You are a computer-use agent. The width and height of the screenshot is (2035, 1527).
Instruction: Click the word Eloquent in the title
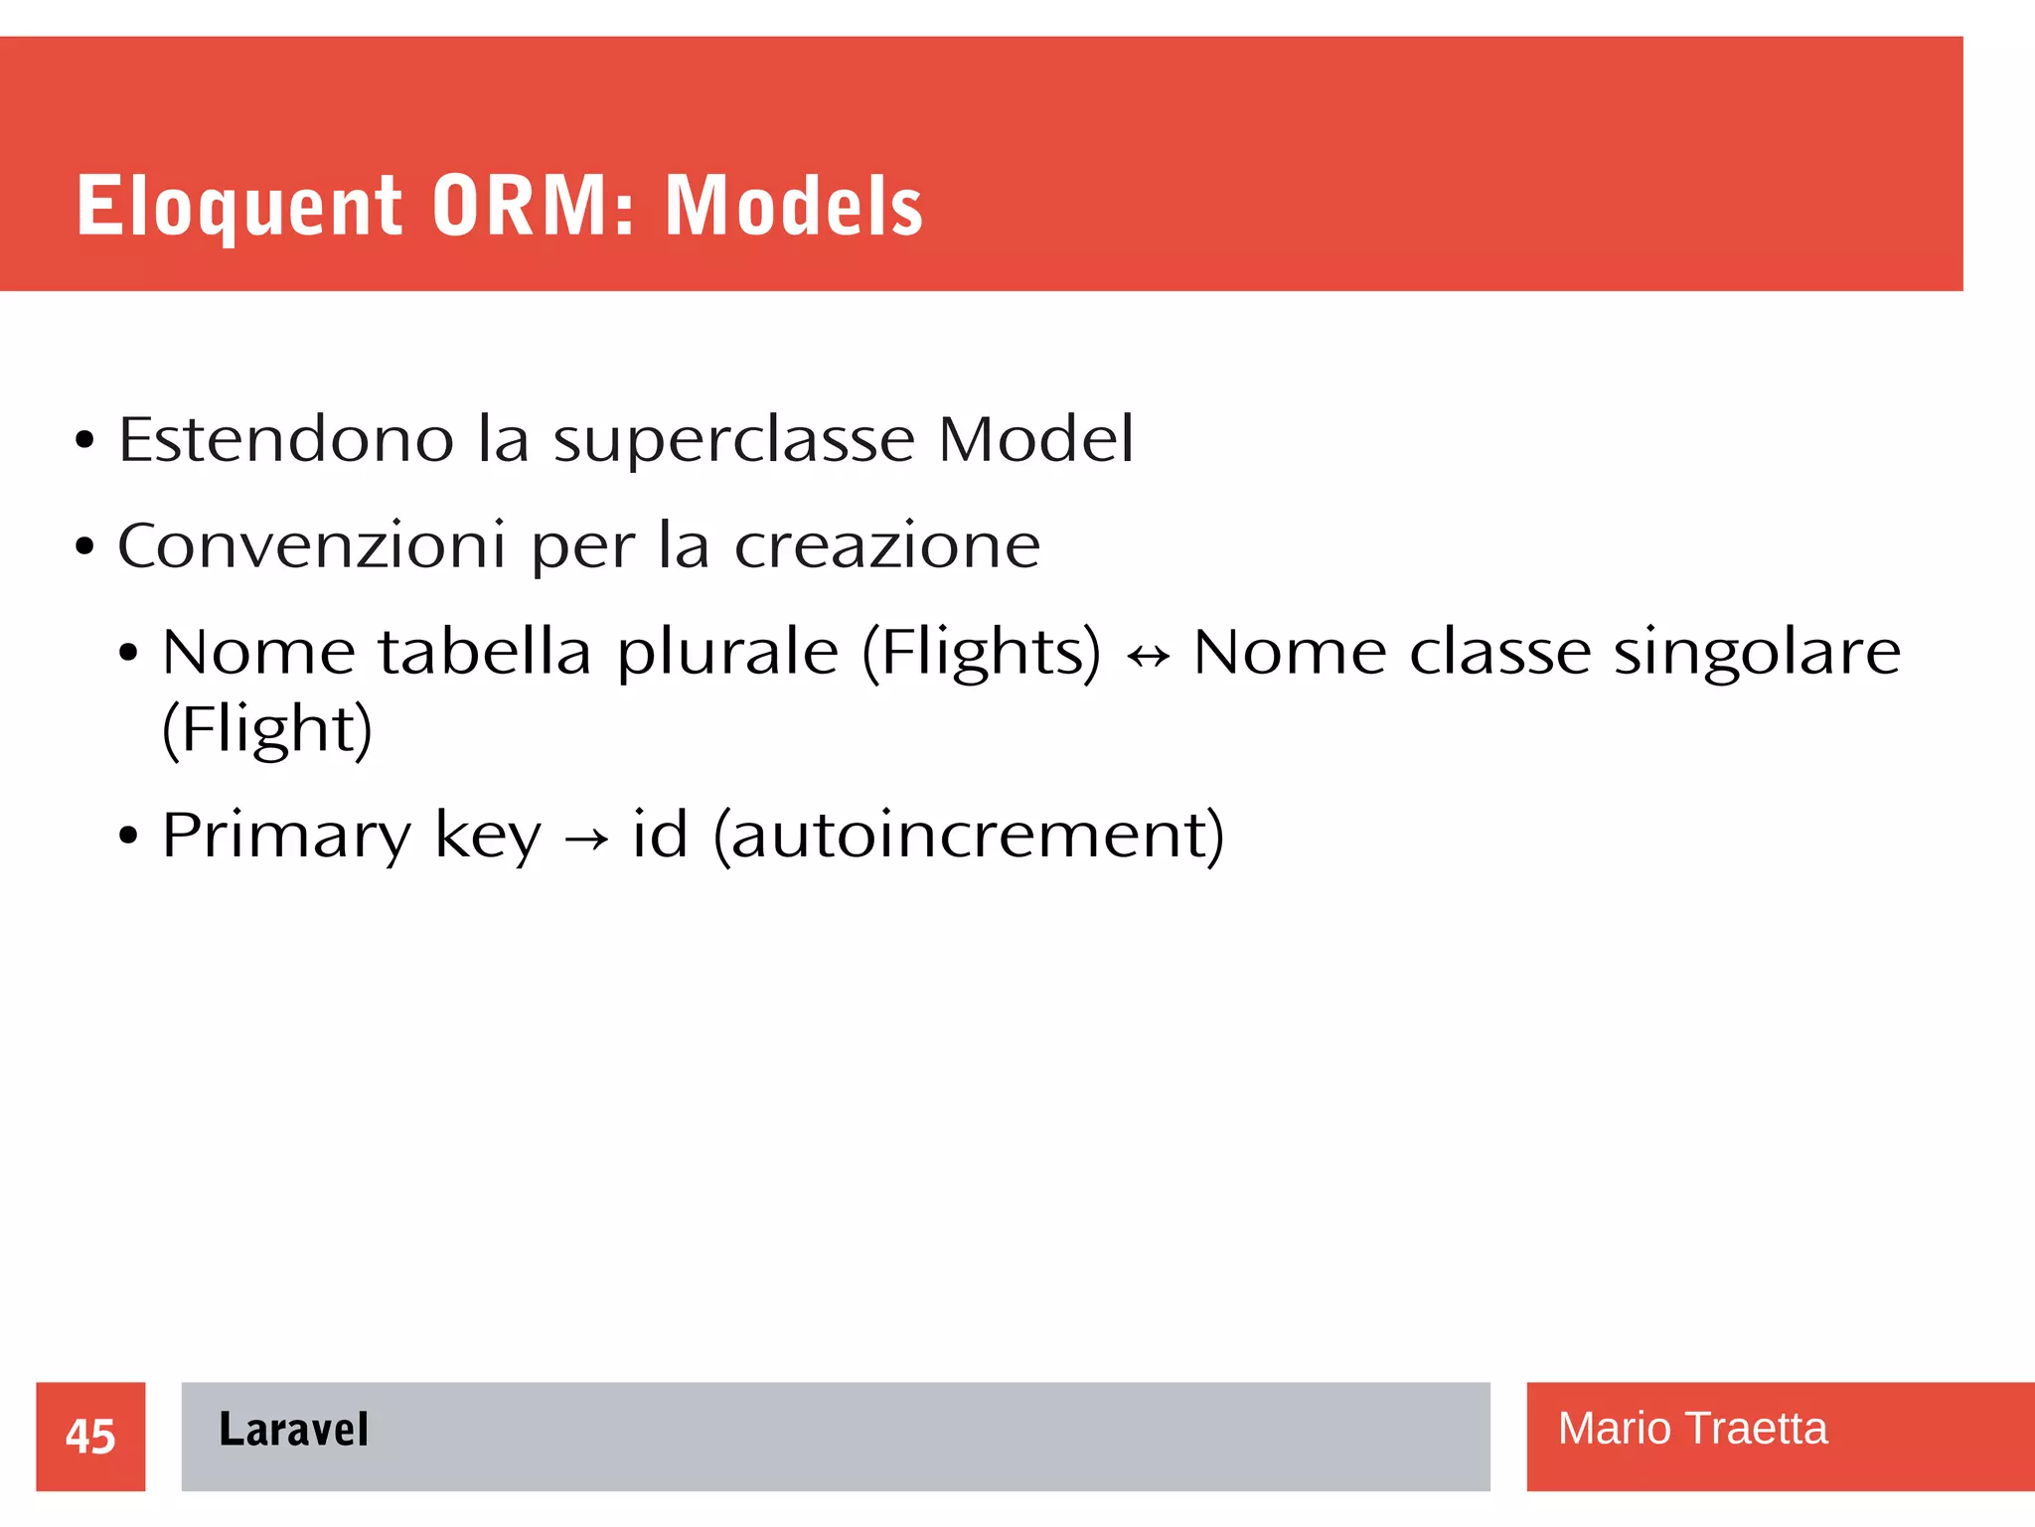238,207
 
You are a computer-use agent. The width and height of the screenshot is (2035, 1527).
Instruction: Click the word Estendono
286,439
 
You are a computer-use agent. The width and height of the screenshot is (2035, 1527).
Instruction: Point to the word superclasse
733,441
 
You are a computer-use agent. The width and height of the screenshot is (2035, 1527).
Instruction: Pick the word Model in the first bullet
1034,439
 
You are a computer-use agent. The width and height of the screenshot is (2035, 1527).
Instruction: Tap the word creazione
886,545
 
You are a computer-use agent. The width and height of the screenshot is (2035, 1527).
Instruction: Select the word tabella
484,653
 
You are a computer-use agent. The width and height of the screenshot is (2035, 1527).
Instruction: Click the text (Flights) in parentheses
981,653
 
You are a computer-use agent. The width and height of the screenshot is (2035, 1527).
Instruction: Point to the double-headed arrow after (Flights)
1148,656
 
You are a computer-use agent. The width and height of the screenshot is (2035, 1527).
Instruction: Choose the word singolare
1757,653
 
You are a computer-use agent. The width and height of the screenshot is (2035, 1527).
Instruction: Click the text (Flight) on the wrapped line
266,729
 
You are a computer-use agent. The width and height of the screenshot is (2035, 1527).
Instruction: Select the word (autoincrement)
969,836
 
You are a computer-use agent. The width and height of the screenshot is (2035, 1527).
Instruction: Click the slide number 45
90,1437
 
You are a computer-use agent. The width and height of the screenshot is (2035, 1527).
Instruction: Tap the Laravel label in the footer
293,1430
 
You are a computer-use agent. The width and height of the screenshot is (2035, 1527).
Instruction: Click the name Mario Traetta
1692,1429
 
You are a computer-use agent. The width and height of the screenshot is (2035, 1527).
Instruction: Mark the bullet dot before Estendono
84,440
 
